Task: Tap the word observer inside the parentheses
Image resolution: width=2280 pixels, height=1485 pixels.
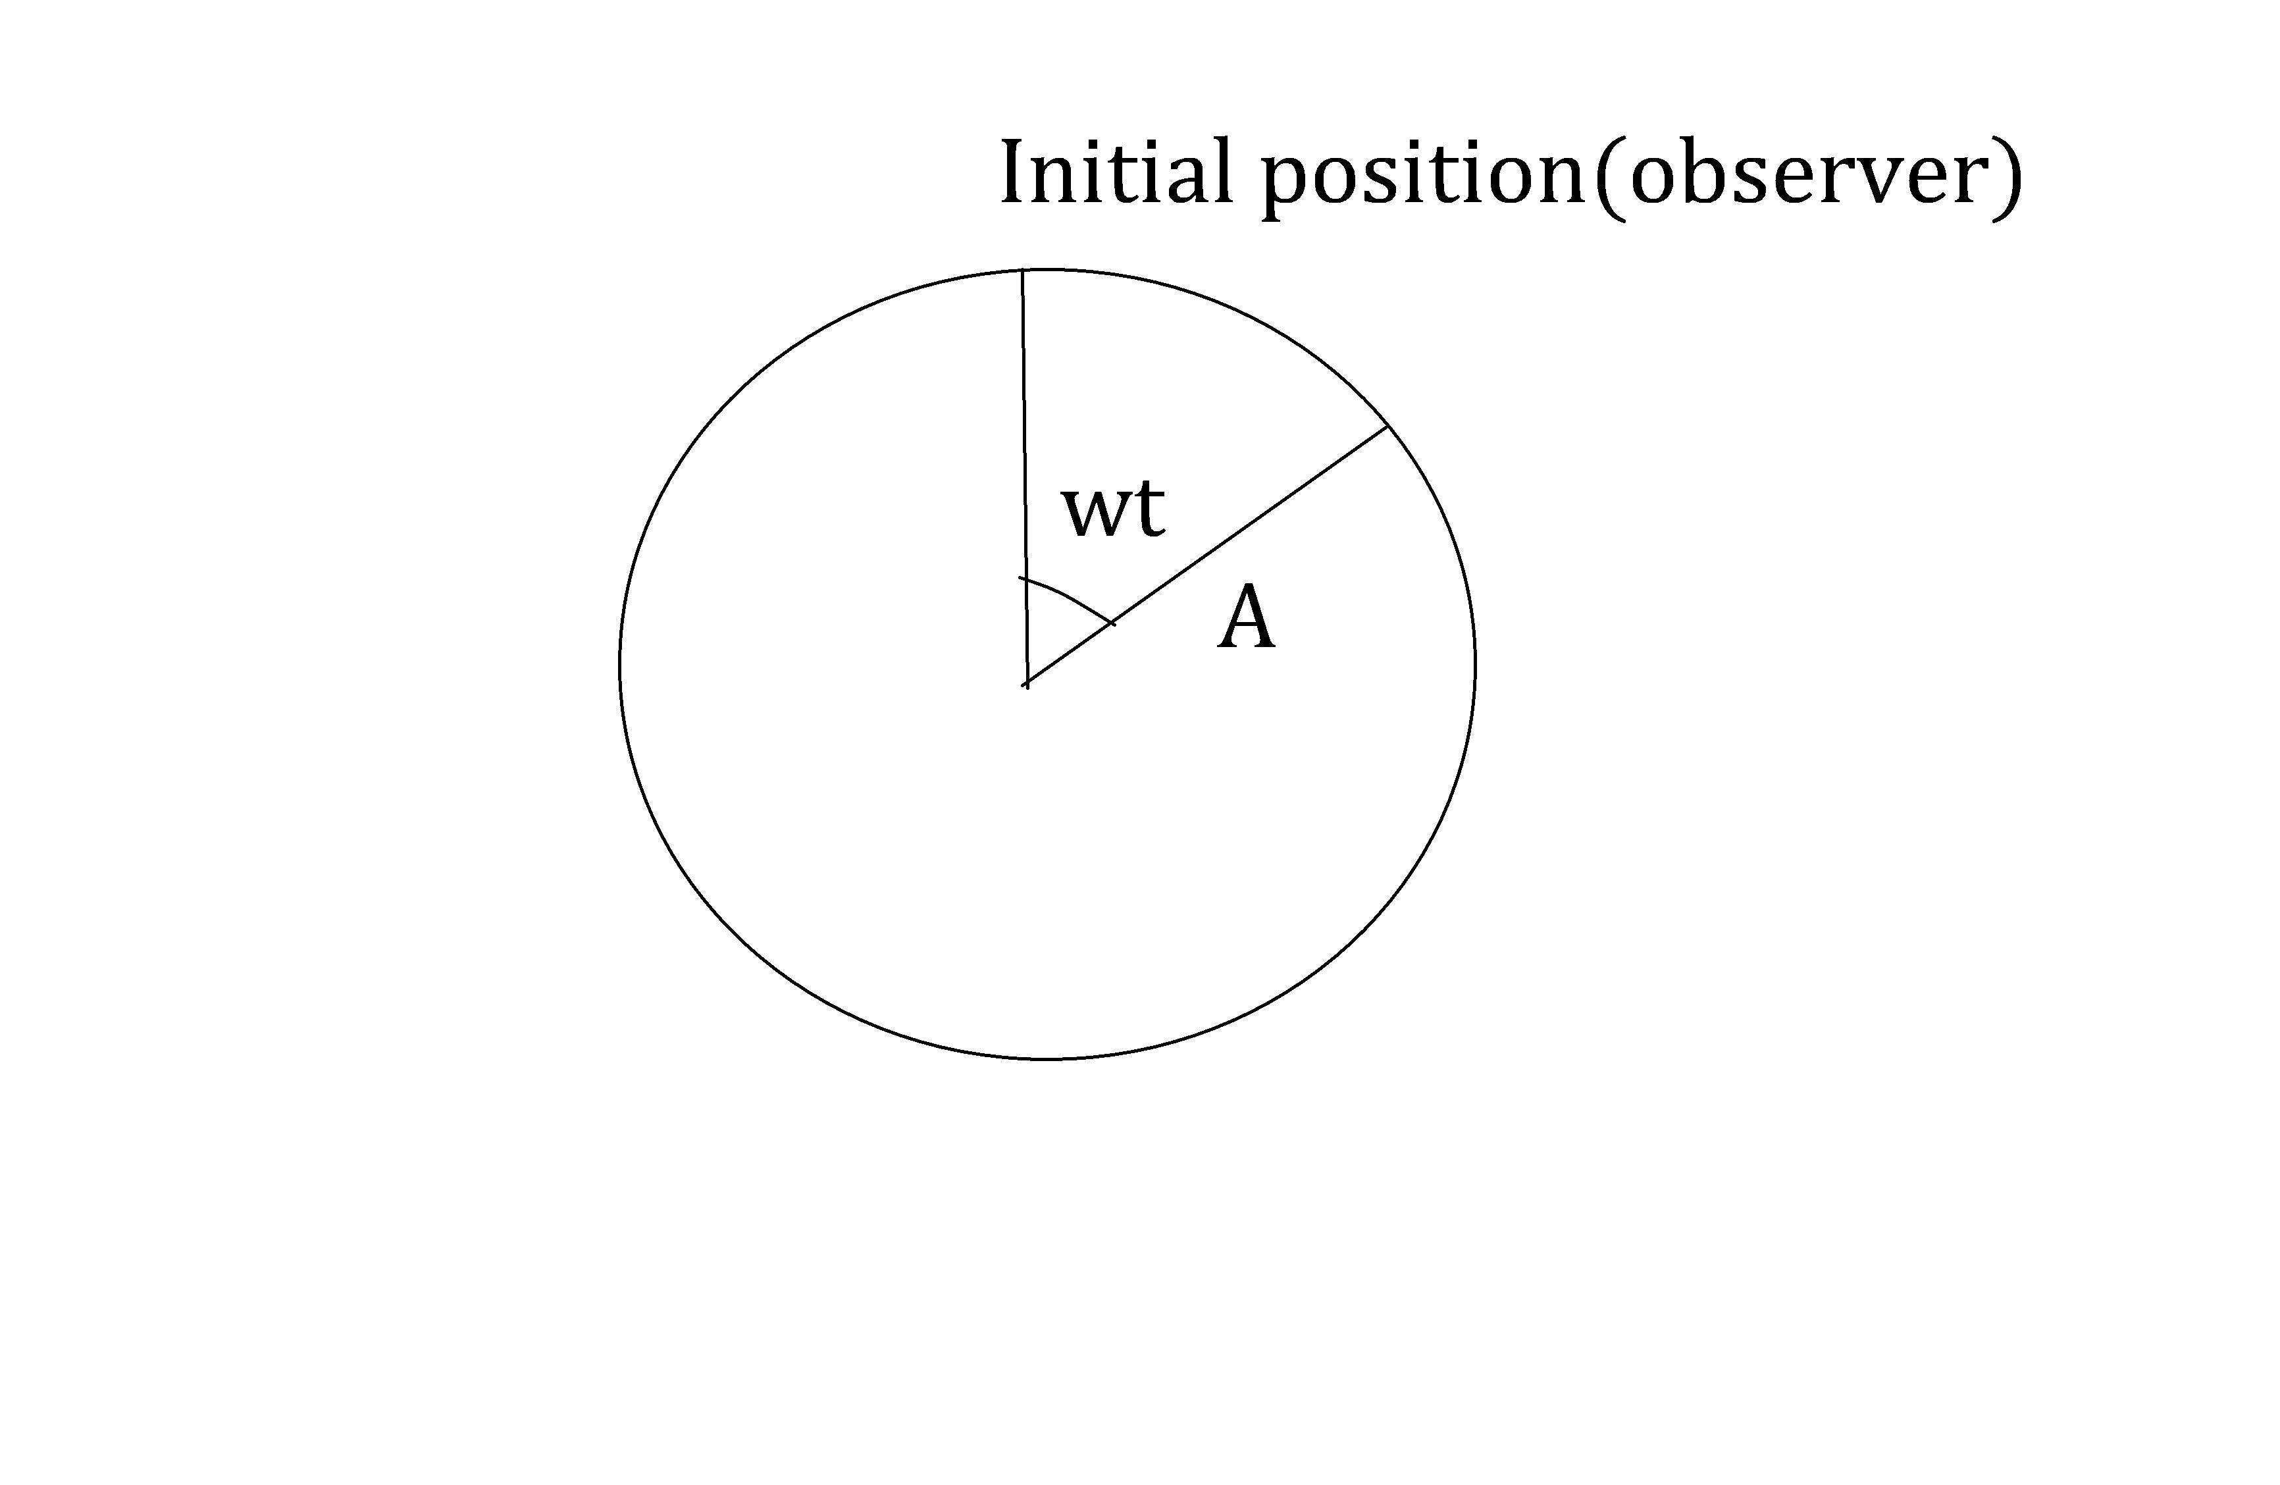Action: click(1807, 174)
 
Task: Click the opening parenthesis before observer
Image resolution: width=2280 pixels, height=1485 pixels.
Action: click(1609, 177)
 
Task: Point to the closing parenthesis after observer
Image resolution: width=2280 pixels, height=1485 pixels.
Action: click(2009, 177)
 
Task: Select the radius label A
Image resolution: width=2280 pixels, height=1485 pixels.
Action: click(1247, 620)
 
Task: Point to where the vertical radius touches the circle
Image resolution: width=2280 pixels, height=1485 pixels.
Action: click(1022, 271)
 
